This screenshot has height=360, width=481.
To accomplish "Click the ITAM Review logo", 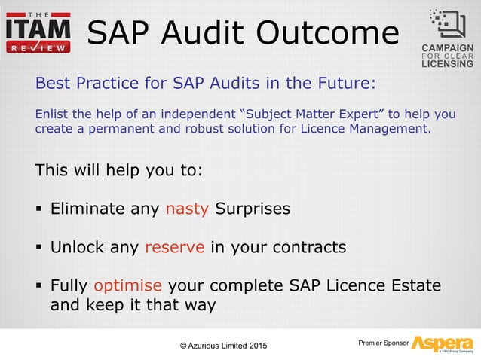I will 38,32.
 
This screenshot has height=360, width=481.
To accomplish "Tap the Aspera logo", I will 442,343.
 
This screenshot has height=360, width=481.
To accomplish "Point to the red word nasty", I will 187,209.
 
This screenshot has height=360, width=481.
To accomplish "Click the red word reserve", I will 174,247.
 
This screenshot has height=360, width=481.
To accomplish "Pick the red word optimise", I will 127,286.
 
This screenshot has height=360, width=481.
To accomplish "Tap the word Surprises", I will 252,209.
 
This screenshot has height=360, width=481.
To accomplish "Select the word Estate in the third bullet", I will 413,286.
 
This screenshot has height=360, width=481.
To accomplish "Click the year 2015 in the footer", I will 254,346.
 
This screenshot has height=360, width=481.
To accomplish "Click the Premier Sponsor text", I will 383,343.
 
